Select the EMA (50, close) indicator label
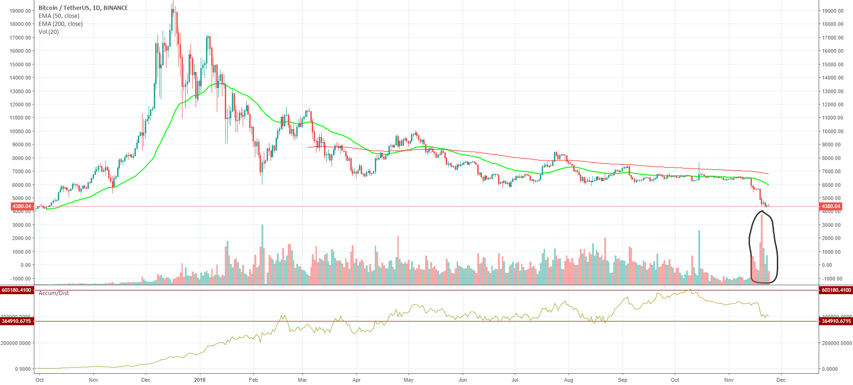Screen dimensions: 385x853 [x=59, y=16]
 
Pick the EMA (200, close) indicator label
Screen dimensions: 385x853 [x=60, y=24]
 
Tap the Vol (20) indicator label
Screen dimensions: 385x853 [x=48, y=32]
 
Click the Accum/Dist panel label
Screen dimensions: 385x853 [x=54, y=293]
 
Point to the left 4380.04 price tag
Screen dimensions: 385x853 [x=22, y=206]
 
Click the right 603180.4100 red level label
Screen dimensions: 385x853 [x=836, y=290]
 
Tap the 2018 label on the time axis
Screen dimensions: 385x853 [x=200, y=380]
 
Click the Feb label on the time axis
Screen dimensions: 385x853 [x=253, y=380]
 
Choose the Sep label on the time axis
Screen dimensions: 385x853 [x=623, y=380]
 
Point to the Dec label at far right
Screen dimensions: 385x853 [x=781, y=380]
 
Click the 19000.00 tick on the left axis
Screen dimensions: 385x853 [x=20, y=11]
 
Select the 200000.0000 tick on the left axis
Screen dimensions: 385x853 [x=16, y=343]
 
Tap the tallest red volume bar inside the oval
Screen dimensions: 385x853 [x=762, y=249]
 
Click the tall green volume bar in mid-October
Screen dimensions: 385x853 [x=699, y=257]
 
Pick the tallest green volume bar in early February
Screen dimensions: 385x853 [x=262, y=254]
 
